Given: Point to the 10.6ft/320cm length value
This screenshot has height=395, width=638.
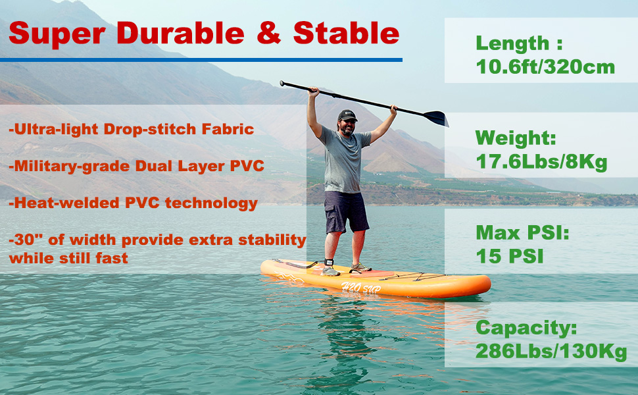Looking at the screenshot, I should click(545, 66).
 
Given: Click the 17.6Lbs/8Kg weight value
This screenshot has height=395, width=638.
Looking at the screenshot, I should click(541, 161).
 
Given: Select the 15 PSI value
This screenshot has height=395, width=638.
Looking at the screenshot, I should click(510, 256).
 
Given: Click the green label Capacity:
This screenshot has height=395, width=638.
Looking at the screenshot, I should click(526, 327).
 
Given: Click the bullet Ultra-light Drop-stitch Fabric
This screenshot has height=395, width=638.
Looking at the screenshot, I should click(132, 129).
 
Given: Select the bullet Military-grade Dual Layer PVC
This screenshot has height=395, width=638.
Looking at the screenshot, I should click(137, 166).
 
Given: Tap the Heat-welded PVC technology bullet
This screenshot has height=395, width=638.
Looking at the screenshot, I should click(134, 203).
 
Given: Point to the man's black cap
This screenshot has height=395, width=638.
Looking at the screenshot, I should click(347, 116).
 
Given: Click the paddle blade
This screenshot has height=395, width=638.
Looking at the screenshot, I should click(435, 118).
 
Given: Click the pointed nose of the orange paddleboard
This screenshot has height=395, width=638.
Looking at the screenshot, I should click(487, 285).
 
